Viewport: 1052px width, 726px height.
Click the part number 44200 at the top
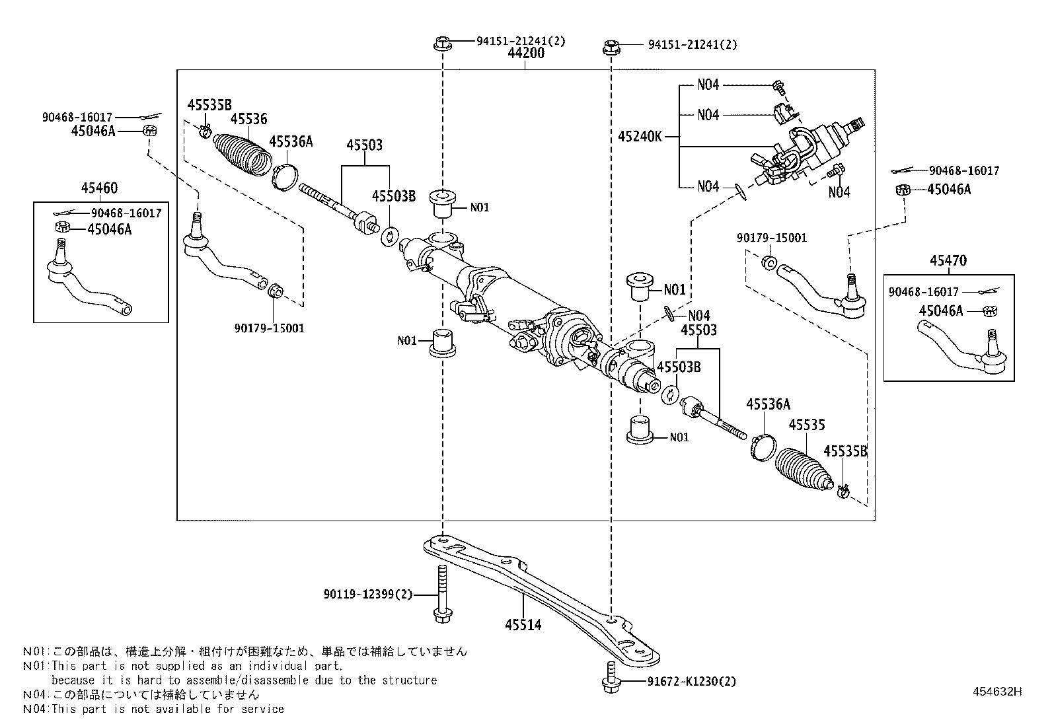click(x=526, y=54)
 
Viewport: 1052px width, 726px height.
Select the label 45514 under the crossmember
click(x=523, y=624)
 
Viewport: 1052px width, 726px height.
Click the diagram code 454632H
click(x=996, y=692)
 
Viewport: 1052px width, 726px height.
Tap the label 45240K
click(x=640, y=137)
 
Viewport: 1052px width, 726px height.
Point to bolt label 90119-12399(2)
click(x=368, y=595)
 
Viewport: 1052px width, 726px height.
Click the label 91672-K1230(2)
click(x=682, y=682)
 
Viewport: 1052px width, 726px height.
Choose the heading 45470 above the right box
click(x=948, y=260)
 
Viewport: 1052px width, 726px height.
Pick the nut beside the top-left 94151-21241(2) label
click(x=442, y=44)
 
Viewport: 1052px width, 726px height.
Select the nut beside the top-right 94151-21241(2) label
click(x=611, y=47)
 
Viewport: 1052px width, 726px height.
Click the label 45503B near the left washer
click(x=394, y=196)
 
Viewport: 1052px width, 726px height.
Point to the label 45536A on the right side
click(x=768, y=404)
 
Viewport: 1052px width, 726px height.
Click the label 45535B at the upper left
click(x=209, y=104)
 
